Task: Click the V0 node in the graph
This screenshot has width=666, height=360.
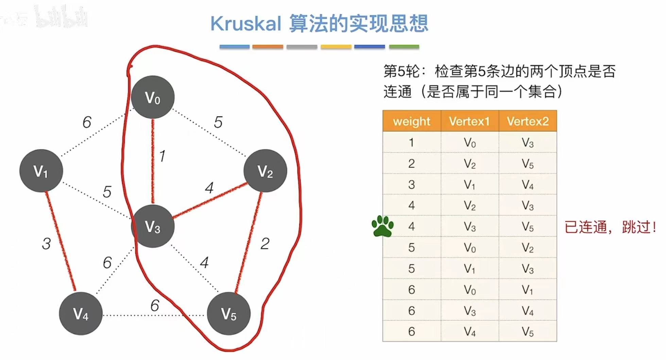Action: pos(153,97)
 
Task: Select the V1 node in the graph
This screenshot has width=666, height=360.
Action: pos(41,171)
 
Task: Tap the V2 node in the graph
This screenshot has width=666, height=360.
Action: pos(265,171)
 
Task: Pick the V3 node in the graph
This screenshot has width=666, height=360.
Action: pos(153,226)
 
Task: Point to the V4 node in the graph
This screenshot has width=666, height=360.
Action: pos(81,313)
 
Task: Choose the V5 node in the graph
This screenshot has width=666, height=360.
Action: pos(228,313)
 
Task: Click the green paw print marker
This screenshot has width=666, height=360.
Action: pos(382,226)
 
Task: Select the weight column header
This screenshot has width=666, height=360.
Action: pos(411,121)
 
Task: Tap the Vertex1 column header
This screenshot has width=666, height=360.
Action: pos(469,121)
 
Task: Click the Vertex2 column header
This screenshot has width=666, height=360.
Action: pos(528,121)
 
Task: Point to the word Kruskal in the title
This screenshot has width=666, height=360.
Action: pos(245,24)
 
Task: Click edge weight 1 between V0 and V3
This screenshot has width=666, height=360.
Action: pos(162,156)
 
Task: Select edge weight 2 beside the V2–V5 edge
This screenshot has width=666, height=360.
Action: pos(265,244)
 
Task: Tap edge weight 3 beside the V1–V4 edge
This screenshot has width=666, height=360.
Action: pos(46,244)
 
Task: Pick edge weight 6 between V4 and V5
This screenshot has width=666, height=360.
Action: pos(155,305)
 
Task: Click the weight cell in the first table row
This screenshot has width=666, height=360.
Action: pos(411,142)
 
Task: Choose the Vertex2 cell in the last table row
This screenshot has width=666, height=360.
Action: pos(528,331)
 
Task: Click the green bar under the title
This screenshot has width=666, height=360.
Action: pos(404,47)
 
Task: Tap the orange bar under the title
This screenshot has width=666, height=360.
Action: pos(268,47)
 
